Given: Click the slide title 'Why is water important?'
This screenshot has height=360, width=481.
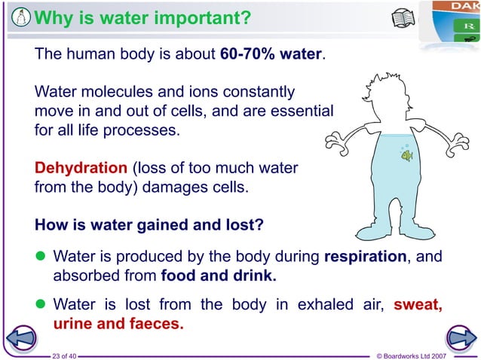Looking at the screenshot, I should [x=143, y=17].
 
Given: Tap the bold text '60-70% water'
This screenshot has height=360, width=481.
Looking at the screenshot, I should [x=271, y=55].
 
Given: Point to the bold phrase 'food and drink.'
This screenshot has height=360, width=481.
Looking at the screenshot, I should [x=219, y=275].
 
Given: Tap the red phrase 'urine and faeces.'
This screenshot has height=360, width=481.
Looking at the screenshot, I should [x=118, y=325].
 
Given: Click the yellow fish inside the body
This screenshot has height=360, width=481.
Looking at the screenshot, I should [x=406, y=156].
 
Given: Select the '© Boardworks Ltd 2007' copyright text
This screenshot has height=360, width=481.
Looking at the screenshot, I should [x=415, y=354].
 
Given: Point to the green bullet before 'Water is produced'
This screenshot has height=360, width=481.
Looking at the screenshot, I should [x=41, y=257].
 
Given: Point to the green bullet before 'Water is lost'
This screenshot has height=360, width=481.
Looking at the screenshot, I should [x=41, y=306].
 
